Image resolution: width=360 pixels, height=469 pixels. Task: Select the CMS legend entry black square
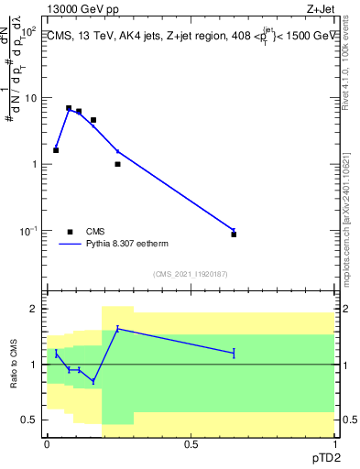point(70,232)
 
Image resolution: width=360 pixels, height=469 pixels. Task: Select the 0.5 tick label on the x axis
point(191,444)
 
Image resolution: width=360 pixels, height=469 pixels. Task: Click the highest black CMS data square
point(69,108)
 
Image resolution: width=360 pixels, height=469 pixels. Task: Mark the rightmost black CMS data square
point(235,234)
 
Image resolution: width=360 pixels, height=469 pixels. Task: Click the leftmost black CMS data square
point(56,149)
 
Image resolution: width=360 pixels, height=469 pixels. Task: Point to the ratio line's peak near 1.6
point(117,329)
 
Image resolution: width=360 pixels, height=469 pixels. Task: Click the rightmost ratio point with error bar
point(235,353)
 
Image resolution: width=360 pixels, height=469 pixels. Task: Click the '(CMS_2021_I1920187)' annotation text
point(190,274)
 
